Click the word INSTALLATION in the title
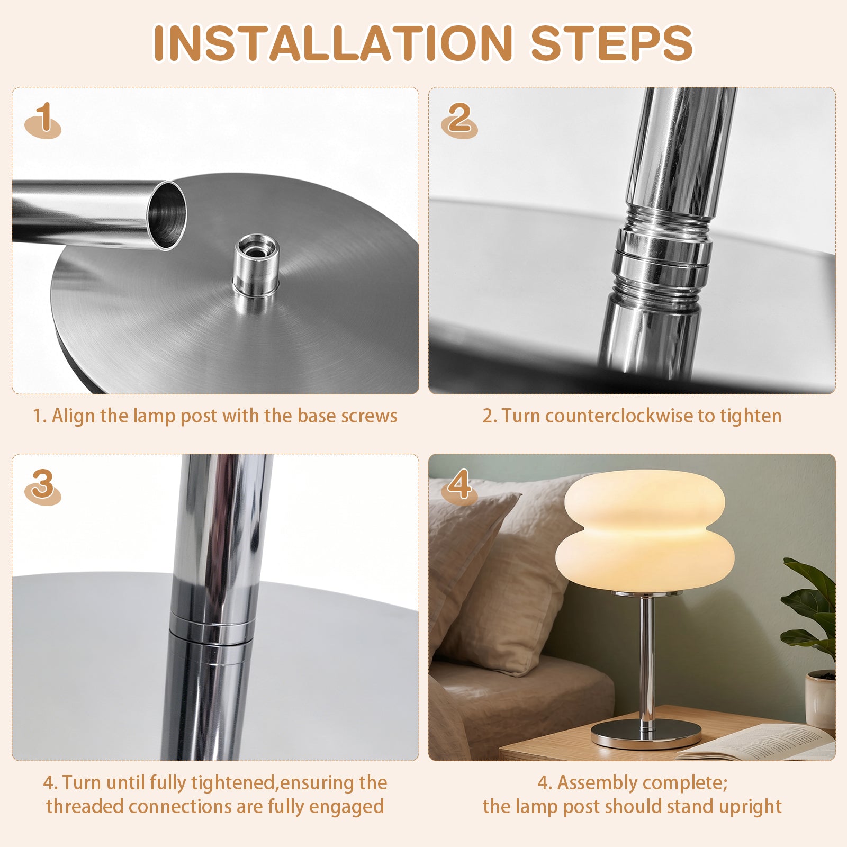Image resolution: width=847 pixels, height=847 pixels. (333, 43)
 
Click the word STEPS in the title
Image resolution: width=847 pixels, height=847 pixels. (611, 43)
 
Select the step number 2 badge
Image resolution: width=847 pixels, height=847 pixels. (459, 120)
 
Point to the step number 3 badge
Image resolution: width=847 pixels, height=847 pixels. (43, 486)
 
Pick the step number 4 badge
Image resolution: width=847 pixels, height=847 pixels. (459, 486)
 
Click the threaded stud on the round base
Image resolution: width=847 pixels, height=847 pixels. (257, 264)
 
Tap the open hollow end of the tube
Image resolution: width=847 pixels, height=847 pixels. (166, 214)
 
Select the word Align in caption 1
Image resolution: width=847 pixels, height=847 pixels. (74, 417)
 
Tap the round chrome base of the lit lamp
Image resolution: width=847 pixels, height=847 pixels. (646, 734)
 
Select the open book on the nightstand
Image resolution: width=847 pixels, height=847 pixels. (757, 742)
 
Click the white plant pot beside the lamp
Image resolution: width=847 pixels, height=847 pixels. (820, 699)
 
